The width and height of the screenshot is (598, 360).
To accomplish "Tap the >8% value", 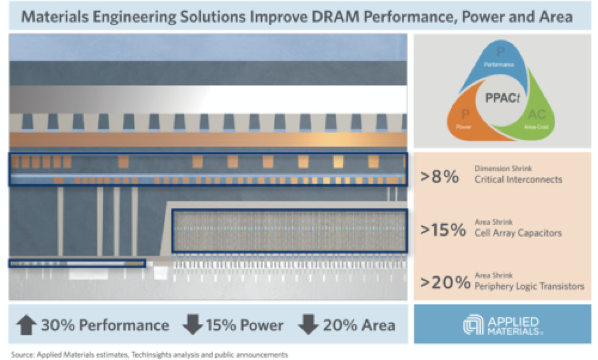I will click(x=439, y=176).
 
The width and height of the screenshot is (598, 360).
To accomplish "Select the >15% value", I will click(x=443, y=230).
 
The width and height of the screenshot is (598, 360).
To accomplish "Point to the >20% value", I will click(x=445, y=283).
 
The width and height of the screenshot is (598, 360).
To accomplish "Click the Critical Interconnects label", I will click(x=518, y=180).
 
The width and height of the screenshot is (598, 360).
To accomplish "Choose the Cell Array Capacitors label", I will click(x=518, y=233).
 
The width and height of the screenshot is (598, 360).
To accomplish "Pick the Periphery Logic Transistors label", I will click(x=529, y=286).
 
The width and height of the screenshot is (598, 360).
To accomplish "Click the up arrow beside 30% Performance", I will click(x=26, y=325).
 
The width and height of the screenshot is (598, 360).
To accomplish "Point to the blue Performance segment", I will click(x=500, y=62).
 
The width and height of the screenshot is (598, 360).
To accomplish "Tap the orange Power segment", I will click(x=464, y=121).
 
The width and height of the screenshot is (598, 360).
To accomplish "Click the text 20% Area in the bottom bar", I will click(x=359, y=325).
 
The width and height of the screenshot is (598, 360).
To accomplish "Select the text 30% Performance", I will click(x=105, y=325).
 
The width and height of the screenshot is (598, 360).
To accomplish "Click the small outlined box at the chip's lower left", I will click(x=77, y=263).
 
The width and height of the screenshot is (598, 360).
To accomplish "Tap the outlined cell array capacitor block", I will click(x=289, y=231).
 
